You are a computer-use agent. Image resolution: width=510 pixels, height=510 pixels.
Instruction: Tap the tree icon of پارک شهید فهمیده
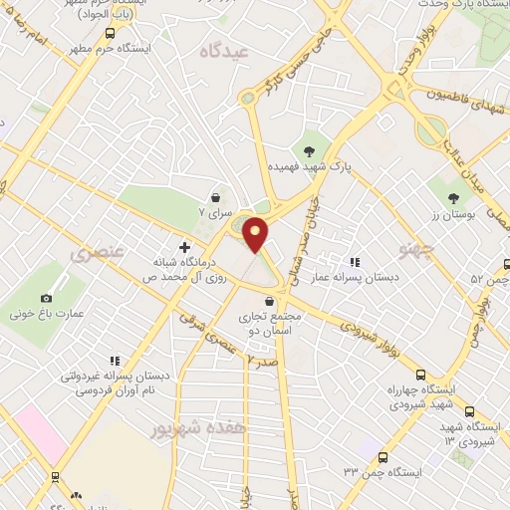point(309,151)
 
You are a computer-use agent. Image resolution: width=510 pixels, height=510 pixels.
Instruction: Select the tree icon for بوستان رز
point(453,198)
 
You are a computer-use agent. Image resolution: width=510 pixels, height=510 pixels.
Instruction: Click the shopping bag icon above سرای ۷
point(215,197)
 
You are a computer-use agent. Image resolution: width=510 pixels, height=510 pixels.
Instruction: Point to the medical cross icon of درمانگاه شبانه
point(184,246)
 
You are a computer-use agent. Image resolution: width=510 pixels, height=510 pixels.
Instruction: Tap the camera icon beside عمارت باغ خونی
point(46,298)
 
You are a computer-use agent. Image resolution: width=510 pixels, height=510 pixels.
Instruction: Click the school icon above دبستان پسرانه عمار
point(355,261)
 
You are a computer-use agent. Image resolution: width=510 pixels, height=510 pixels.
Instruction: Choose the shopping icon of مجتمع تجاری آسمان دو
point(269,301)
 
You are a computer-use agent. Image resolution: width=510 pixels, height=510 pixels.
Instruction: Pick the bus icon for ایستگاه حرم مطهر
point(109,48)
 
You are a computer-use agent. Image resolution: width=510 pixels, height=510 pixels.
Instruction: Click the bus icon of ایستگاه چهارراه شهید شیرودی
point(421,374)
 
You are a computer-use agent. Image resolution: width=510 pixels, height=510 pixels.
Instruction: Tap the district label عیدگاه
point(222,49)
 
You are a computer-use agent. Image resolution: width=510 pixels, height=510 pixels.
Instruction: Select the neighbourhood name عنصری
point(97,253)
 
